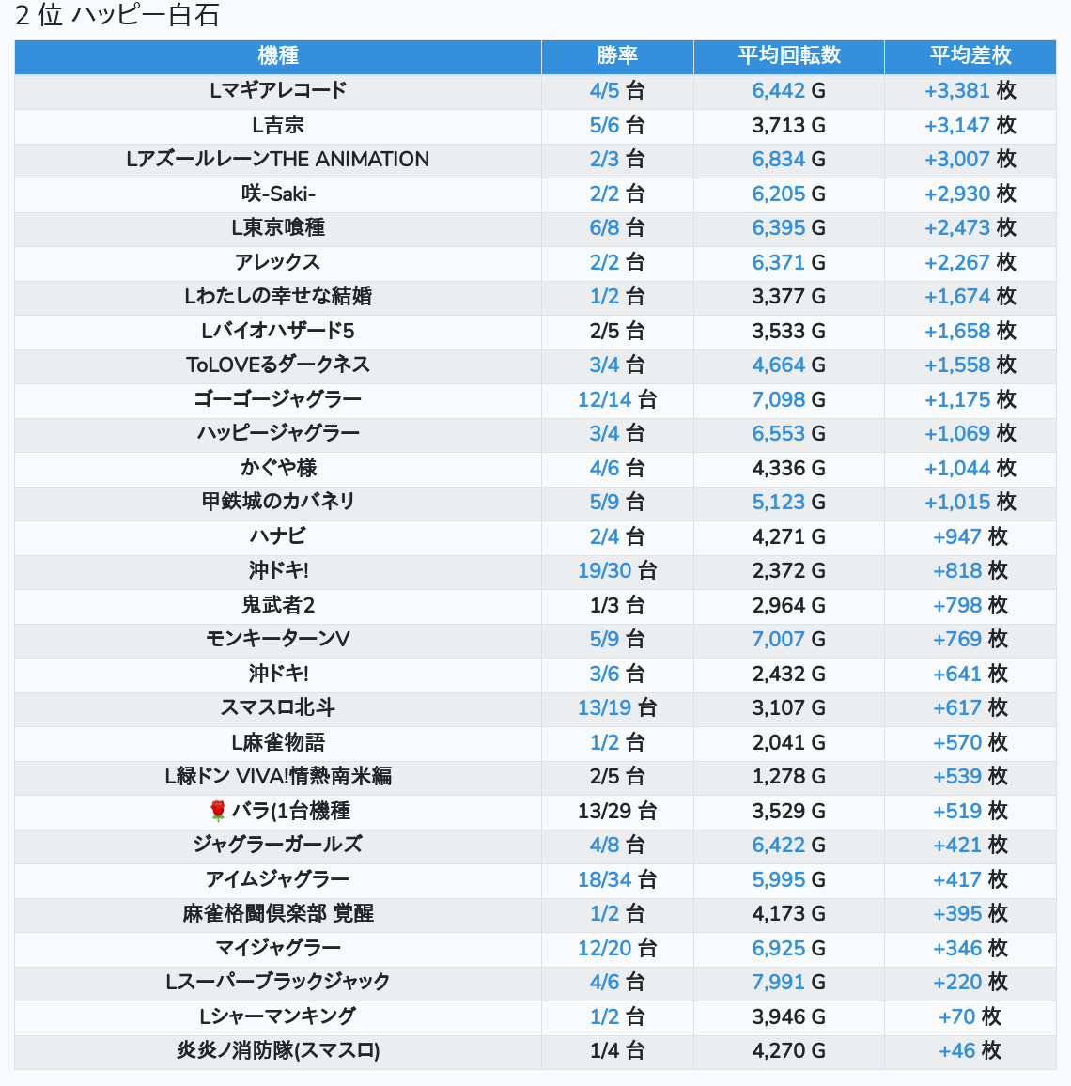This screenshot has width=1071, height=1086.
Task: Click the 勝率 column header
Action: pos(617,55)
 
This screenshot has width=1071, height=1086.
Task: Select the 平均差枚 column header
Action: pos(970,55)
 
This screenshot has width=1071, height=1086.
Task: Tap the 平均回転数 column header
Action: pos(789,55)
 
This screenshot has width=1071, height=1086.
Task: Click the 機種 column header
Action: pos(278,55)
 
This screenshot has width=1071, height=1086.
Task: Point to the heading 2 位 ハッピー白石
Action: pos(117,15)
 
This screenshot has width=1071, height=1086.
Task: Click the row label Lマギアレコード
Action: pos(278,90)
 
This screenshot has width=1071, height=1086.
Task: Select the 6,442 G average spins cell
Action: pos(789,90)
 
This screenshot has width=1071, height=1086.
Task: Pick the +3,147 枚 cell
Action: pos(970,125)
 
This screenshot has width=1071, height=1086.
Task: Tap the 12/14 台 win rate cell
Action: pos(617,399)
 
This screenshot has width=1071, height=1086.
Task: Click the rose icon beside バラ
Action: pos(218,811)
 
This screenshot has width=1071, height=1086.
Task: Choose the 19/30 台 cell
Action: pos(617,570)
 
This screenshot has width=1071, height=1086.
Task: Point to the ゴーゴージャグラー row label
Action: pos(278,399)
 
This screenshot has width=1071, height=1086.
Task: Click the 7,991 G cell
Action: pos(789,982)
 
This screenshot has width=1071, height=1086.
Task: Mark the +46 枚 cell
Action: pos(970,1050)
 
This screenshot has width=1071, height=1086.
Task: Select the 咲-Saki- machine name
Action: pos(278,194)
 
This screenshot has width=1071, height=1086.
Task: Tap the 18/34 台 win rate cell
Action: pos(617,879)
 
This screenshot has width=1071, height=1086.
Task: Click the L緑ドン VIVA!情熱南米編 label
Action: pos(278,776)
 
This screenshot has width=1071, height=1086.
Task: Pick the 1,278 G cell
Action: pos(789,776)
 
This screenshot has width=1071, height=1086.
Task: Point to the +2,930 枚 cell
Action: pos(970,194)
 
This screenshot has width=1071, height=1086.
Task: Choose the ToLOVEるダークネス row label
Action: pos(278,365)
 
